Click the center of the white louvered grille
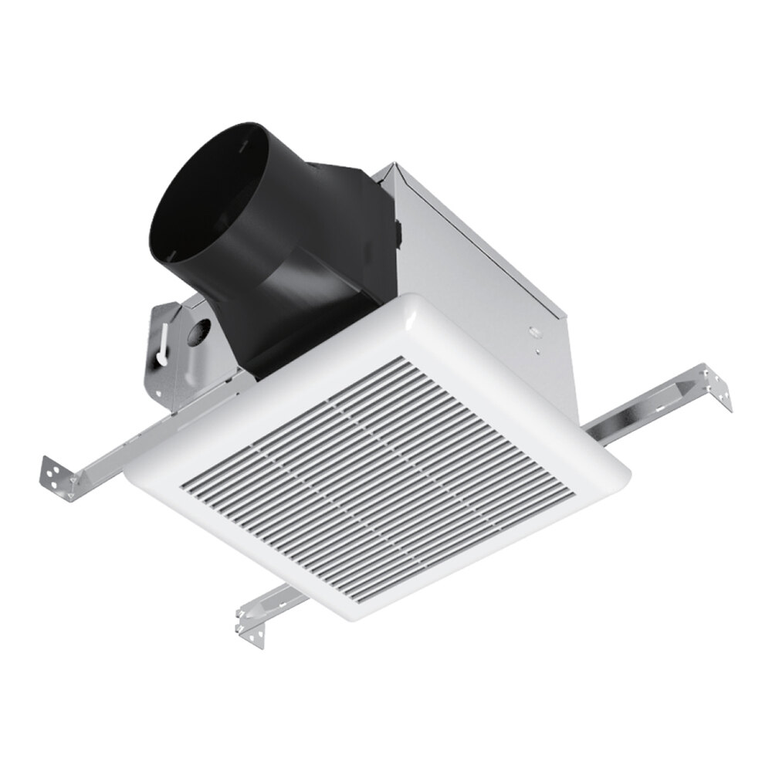pos(378,479)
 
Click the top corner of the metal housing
pos(395,164)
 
